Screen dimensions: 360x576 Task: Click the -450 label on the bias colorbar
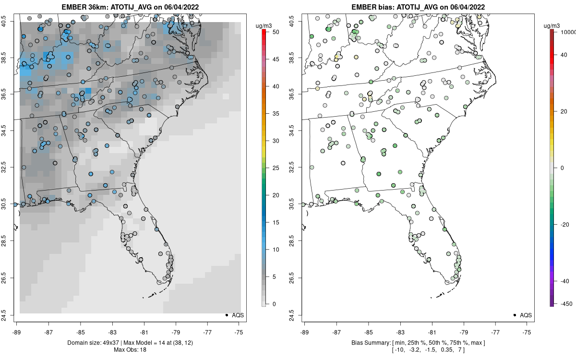pyautogui.click(x=564, y=303)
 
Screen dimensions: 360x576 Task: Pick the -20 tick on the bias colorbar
pyautogui.click(x=564, y=224)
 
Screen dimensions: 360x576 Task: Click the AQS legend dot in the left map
pyautogui.click(x=226, y=315)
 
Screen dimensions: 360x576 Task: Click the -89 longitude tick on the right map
pyautogui.click(x=305, y=331)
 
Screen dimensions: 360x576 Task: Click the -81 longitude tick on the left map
pyautogui.click(x=144, y=331)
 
